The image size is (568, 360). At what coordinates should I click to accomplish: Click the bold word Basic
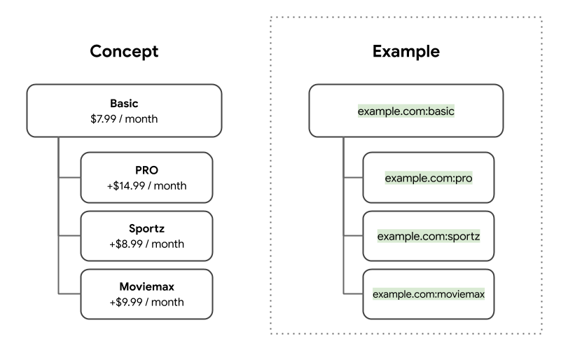coord(124,104)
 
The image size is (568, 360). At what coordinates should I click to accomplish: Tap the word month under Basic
coord(142,119)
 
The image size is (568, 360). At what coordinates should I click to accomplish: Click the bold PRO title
coord(146,170)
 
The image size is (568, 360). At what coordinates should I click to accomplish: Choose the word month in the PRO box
coord(170,186)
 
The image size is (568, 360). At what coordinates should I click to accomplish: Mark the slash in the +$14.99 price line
coord(149,186)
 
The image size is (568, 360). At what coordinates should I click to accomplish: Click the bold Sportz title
coord(146,228)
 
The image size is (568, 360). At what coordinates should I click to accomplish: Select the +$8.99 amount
coord(125,244)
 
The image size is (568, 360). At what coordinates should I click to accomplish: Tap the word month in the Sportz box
coord(168,244)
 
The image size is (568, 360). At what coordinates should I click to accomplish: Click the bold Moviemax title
coord(146,286)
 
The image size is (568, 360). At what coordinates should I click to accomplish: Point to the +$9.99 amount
coord(125,302)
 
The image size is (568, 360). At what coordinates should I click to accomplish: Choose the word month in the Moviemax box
coord(168,302)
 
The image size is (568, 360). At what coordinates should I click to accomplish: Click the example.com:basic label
coord(406,111)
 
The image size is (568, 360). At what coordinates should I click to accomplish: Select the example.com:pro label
coord(429,178)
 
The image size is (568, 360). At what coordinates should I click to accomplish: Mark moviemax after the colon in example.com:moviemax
coord(461,294)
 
